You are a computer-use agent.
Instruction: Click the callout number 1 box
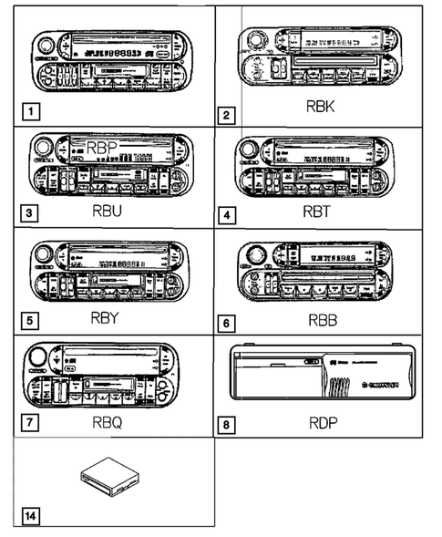pos(33,113)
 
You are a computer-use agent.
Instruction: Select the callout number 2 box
pos(227,116)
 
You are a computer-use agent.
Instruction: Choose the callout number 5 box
pos(33,321)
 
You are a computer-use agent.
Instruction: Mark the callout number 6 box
pos(227,321)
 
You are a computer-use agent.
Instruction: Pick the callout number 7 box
pos(33,424)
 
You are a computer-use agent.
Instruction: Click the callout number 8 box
pos(227,424)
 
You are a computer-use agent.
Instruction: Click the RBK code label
pos(322,108)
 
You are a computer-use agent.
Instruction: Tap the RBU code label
pos(117,212)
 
